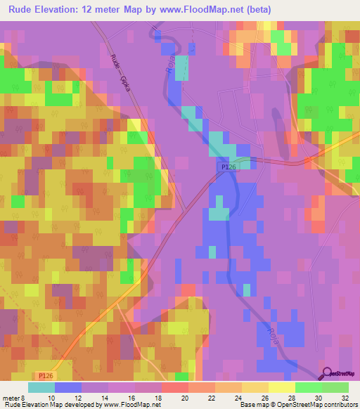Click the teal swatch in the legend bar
[41, 387]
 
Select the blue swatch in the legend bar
[68, 387]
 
